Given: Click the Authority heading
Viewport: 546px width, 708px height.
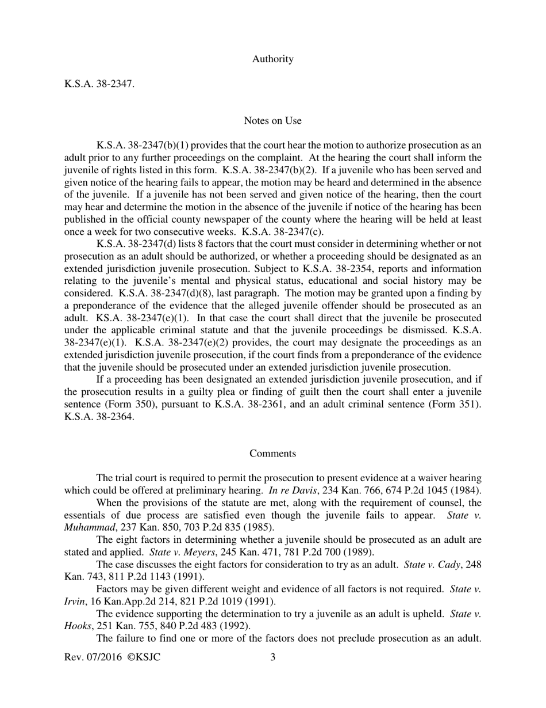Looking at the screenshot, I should [x=272, y=59].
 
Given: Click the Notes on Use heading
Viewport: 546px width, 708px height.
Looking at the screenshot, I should [x=272, y=120].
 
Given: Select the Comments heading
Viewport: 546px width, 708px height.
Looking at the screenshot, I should [x=272, y=453].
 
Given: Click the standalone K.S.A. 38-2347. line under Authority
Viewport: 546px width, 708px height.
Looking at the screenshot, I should [x=99, y=83].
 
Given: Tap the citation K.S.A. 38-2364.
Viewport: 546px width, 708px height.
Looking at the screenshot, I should [x=99, y=417].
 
